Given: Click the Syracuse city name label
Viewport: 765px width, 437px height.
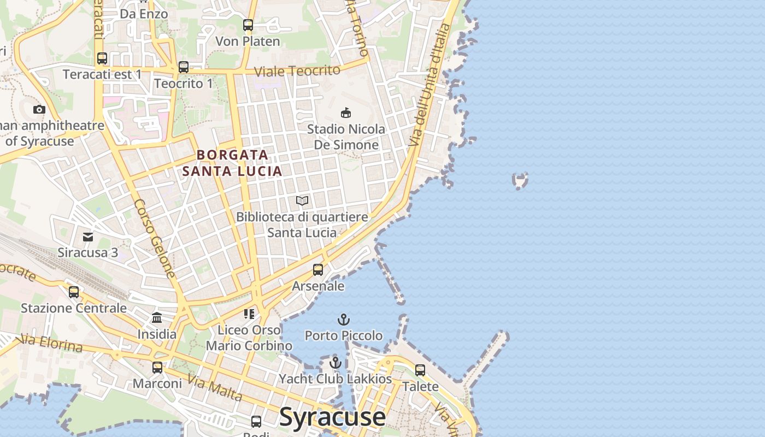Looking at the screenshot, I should [332, 417].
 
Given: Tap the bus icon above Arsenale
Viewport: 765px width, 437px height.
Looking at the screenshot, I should [318, 270].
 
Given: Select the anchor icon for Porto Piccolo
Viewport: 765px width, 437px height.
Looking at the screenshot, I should [344, 320].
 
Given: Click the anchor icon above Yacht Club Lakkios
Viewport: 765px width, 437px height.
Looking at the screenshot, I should [336, 363].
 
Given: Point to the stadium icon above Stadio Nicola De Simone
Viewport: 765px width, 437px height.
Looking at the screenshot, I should [345, 113].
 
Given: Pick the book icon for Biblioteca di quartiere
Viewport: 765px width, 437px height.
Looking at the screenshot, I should [302, 201].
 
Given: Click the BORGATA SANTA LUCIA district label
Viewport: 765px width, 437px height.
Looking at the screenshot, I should [232, 163].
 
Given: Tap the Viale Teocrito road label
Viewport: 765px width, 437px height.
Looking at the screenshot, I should [297, 70].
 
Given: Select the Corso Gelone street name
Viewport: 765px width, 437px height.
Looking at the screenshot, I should [155, 238].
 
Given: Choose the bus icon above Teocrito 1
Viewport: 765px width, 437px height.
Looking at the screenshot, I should [184, 67].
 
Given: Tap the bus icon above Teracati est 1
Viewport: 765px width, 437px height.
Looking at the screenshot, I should [102, 58].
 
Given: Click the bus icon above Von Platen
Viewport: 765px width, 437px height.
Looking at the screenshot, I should [248, 25].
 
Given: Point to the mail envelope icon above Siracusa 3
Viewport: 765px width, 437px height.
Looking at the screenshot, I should [88, 237].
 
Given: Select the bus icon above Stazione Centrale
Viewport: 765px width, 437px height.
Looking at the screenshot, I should [74, 292].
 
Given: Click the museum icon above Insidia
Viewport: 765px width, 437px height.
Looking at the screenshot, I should [157, 318].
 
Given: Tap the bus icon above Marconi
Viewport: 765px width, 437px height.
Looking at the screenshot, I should [157, 368].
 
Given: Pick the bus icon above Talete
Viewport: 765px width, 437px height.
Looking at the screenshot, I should [420, 370].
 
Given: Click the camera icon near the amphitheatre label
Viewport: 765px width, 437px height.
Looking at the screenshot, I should [39, 110].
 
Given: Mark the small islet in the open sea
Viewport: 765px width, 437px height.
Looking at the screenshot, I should [520, 180].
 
